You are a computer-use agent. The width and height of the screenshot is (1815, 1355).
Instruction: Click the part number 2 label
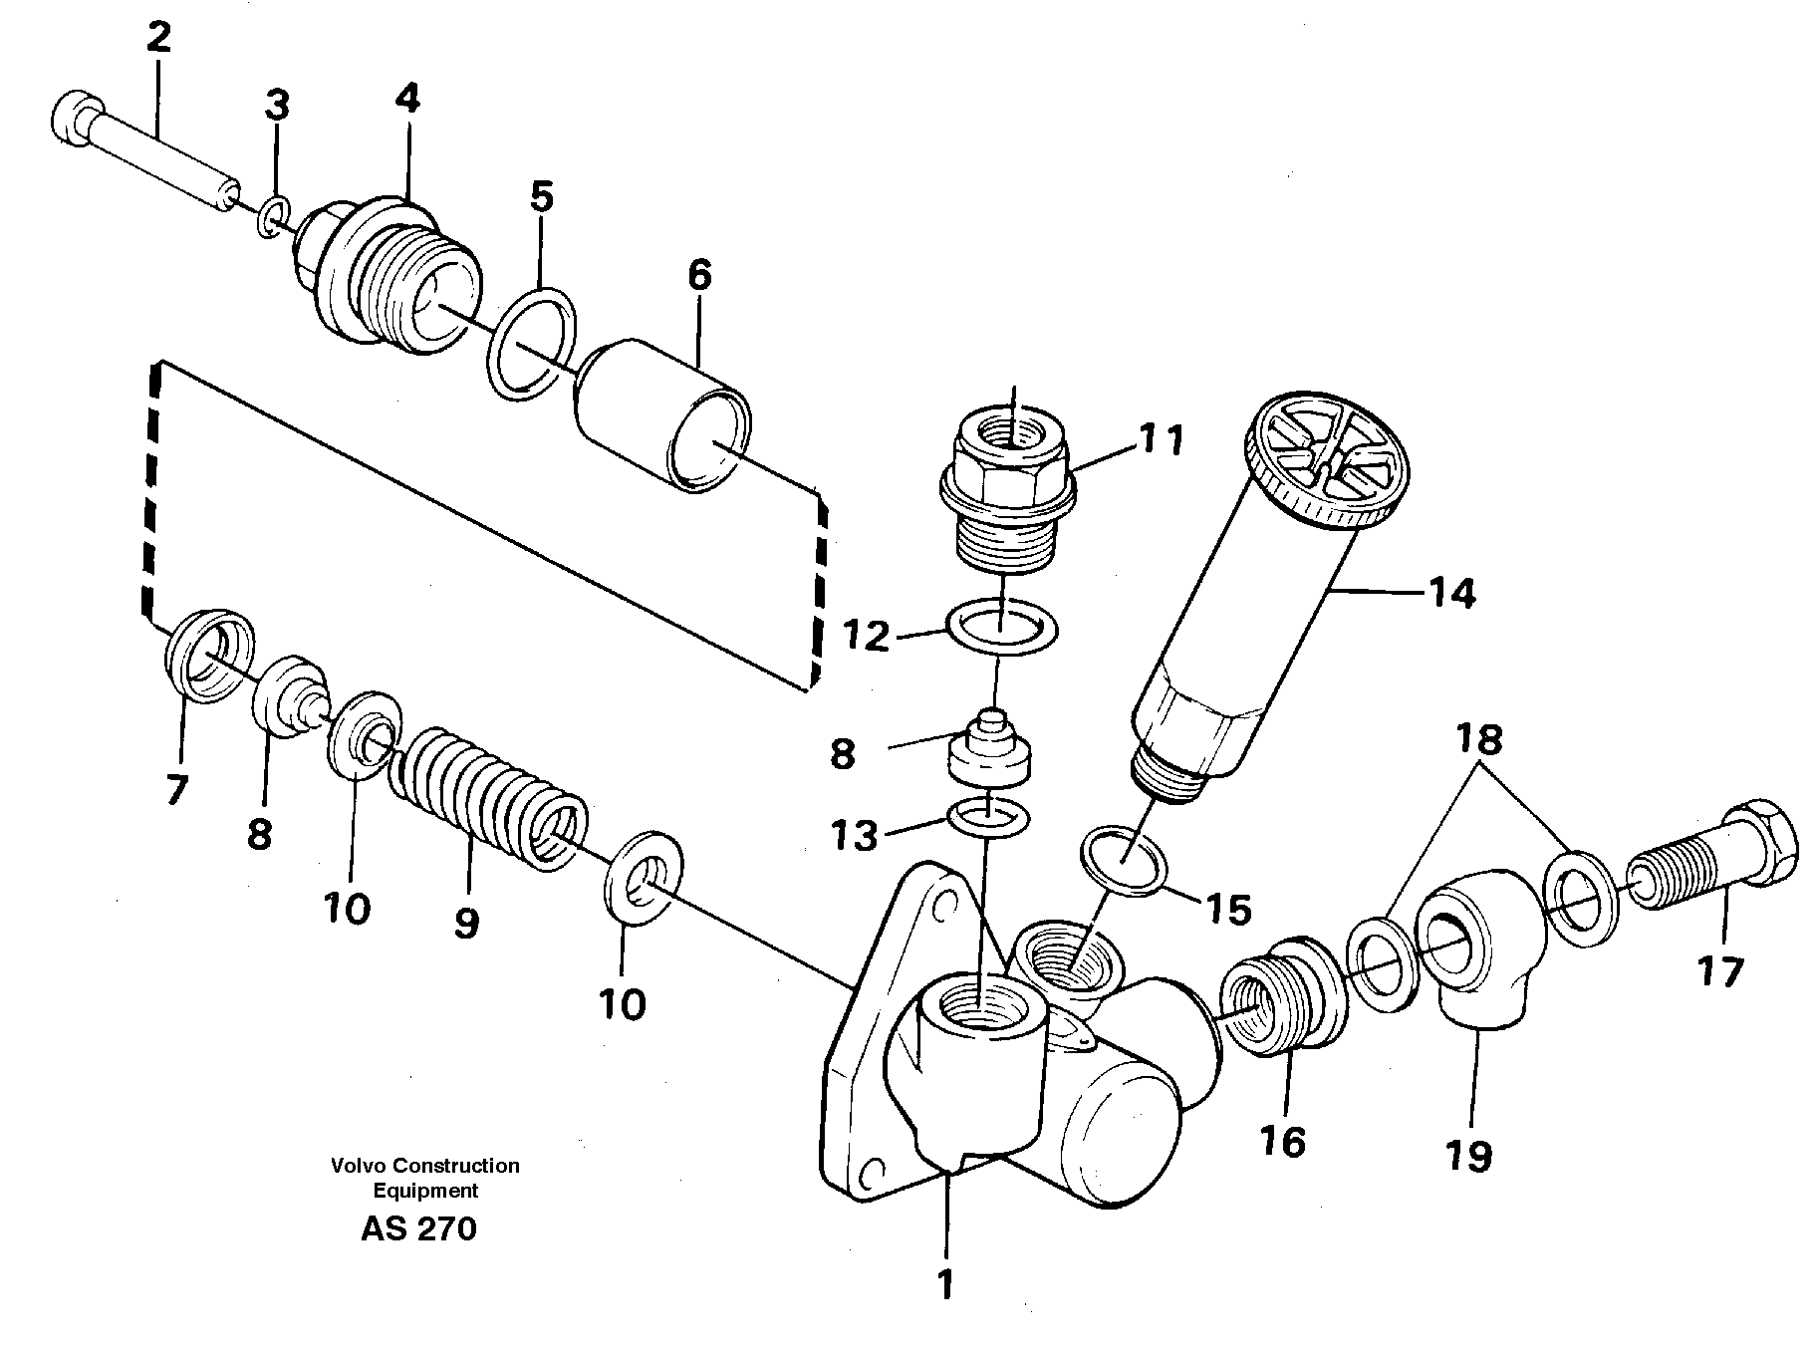pyautogui.click(x=158, y=38)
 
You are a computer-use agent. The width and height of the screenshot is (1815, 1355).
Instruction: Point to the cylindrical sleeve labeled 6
pyautogui.click(x=661, y=415)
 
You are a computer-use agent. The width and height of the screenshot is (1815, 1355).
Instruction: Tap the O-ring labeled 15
pyautogui.click(x=1125, y=856)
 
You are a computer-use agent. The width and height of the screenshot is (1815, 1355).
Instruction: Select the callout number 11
pyautogui.click(x=1159, y=439)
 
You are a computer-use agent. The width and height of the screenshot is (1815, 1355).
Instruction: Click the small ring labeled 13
pyautogui.click(x=987, y=815)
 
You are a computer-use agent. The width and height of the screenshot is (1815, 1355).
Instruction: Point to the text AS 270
pyautogui.click(x=418, y=1228)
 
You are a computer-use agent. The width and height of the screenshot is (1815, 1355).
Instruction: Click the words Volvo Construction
pyautogui.click(x=426, y=1165)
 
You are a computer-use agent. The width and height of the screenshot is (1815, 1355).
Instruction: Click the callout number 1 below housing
pyautogui.click(x=944, y=1285)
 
